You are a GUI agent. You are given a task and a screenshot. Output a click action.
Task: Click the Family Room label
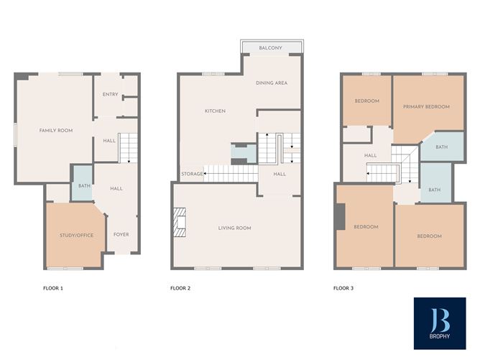56,130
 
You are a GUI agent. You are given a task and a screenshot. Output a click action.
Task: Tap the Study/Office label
76,235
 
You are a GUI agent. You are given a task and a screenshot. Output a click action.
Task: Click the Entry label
110,95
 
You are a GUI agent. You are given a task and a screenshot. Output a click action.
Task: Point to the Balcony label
271,48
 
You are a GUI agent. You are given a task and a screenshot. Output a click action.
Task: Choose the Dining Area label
272,83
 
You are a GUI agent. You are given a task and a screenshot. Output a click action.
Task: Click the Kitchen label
215,111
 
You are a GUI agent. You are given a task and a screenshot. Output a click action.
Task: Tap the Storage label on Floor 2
191,175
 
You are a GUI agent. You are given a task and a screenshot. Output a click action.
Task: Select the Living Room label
235,229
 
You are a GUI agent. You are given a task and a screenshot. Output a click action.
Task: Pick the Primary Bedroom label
426,107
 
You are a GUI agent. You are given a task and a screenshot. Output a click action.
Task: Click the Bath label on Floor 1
83,187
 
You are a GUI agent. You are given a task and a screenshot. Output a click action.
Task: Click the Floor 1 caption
53,288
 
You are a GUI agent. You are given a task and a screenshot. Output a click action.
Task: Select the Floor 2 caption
180,288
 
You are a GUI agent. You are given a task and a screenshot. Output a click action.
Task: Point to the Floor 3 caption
343,288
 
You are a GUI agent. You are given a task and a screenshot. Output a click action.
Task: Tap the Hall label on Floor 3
370,155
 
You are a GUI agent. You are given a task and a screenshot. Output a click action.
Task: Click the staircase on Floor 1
126,149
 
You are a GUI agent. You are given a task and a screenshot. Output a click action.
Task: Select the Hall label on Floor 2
280,174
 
